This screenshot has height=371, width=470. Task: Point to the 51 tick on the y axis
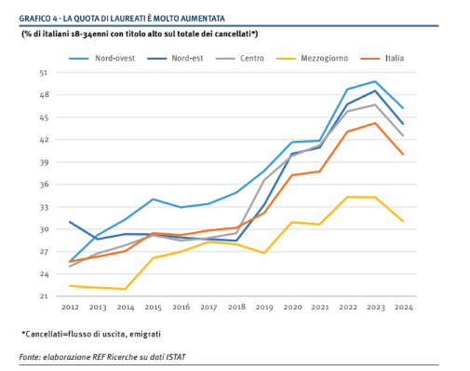pos(44,73)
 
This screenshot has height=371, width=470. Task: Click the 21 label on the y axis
pos(44,296)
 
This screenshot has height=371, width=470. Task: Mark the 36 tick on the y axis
pos(44,185)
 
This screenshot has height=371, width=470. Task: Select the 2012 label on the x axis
pos(70,308)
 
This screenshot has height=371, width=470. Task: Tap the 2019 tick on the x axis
pos(264,308)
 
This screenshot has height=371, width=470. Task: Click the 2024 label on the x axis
pos(403,308)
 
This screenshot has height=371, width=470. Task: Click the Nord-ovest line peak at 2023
pos(375,81)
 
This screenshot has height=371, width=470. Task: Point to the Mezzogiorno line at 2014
pos(126,289)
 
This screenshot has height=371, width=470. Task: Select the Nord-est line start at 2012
pos(70,222)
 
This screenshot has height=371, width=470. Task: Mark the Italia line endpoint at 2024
pos(403,155)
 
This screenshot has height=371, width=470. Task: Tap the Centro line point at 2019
pos(264,180)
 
